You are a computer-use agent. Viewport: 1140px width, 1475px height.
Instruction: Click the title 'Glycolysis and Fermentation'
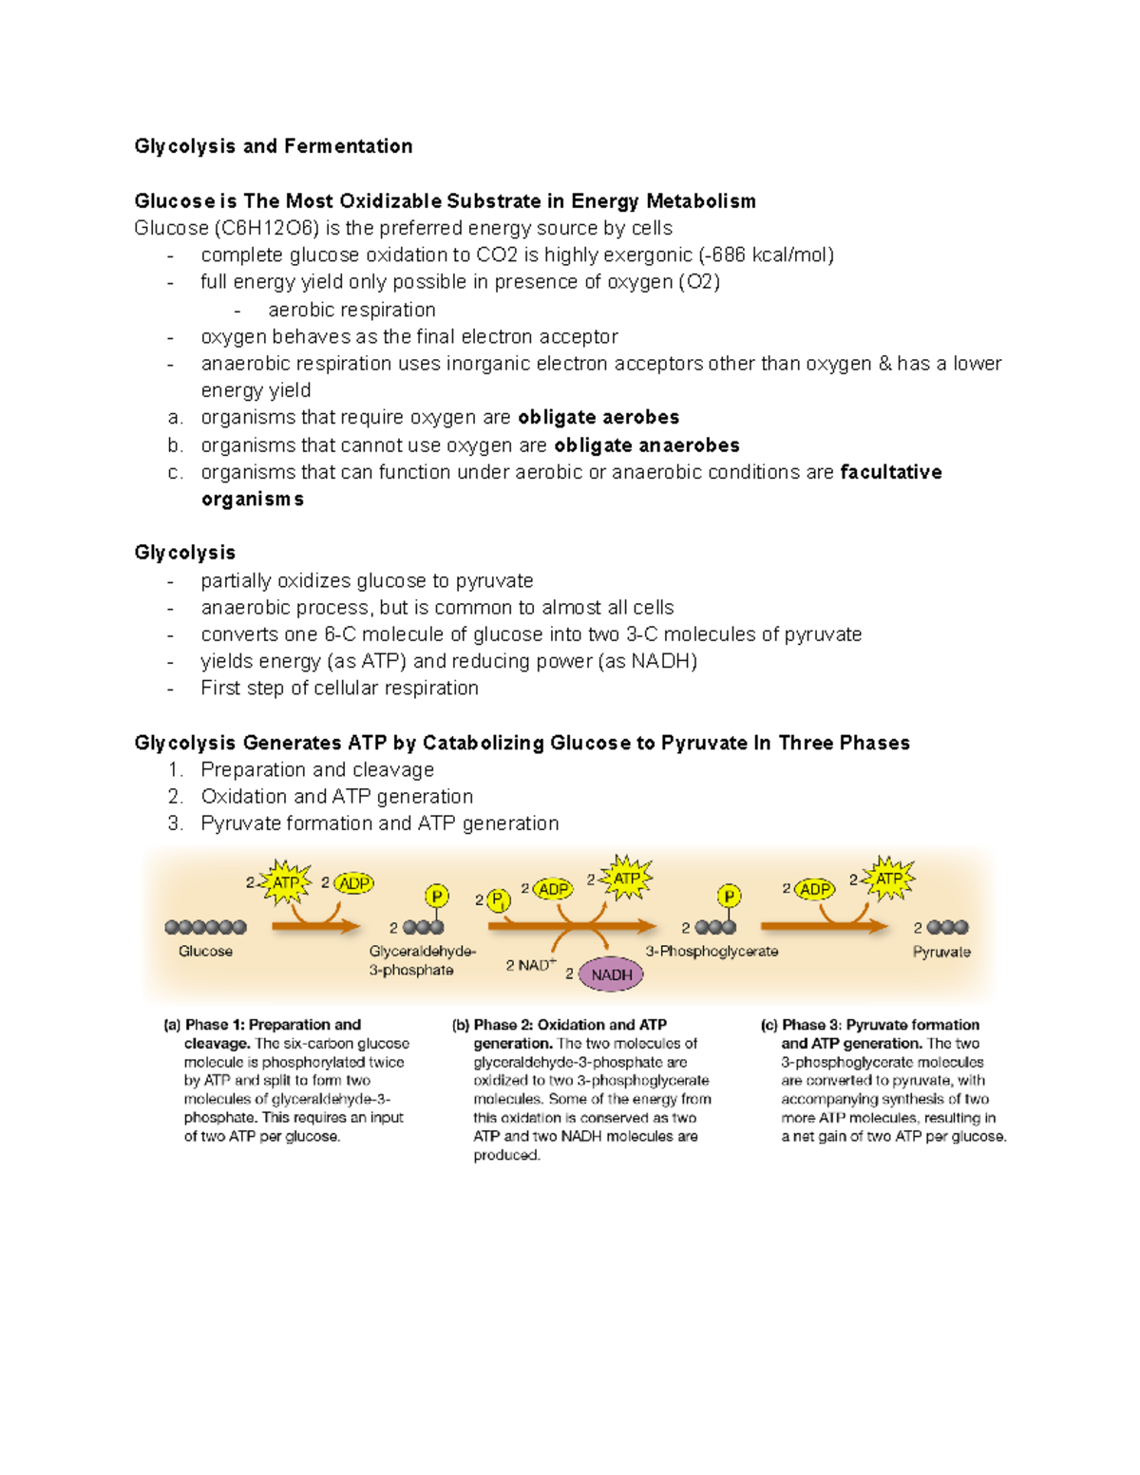pos(273,146)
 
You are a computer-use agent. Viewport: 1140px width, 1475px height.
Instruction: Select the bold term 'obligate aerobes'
pos(598,418)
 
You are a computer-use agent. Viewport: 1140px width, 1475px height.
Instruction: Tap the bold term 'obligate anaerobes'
pos(646,445)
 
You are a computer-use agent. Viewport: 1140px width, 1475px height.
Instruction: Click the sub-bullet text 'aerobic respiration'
pos(351,311)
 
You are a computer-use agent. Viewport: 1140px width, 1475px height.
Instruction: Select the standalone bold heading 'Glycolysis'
pos(184,553)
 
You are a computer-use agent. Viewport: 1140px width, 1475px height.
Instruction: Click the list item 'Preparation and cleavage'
pos(317,770)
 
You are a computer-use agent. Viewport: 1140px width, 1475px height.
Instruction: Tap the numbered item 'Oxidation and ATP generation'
pos(336,797)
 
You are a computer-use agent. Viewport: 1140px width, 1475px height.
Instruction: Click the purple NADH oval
pos(611,974)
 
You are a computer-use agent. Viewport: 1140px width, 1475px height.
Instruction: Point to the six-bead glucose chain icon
pos(205,927)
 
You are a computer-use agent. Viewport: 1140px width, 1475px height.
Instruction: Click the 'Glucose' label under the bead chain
pos(205,952)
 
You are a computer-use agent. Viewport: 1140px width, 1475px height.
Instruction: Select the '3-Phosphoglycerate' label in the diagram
pos(712,952)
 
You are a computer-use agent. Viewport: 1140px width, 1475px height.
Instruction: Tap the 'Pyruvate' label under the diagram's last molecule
pos(941,953)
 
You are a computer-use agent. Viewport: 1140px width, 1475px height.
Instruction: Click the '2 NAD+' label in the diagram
pos(530,966)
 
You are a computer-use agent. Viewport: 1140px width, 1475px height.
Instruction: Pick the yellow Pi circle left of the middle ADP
pos(498,900)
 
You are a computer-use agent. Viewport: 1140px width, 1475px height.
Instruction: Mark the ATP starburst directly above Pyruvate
pos(889,879)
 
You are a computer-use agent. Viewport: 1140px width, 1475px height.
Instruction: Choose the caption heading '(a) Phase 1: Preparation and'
pos(262,1025)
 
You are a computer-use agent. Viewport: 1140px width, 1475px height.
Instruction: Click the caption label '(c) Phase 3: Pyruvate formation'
pos(869,1025)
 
